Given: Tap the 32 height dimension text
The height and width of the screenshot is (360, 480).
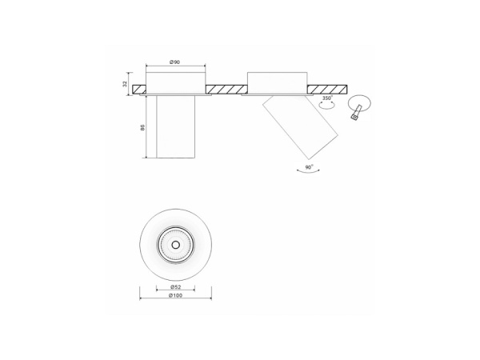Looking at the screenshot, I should [126, 84].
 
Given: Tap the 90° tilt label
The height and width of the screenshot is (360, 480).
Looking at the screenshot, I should [308, 168].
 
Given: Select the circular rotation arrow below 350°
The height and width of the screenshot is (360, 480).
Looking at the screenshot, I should [326, 105].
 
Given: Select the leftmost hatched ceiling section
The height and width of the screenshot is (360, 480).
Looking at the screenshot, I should [139, 88].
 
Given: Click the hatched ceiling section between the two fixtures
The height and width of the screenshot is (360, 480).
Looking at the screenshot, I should [226, 89].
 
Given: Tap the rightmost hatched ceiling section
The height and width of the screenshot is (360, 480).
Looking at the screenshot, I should [327, 88].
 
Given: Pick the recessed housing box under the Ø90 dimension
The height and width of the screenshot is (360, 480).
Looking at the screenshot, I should [174, 82].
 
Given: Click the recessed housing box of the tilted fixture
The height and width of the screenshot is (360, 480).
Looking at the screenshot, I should [277, 82].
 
